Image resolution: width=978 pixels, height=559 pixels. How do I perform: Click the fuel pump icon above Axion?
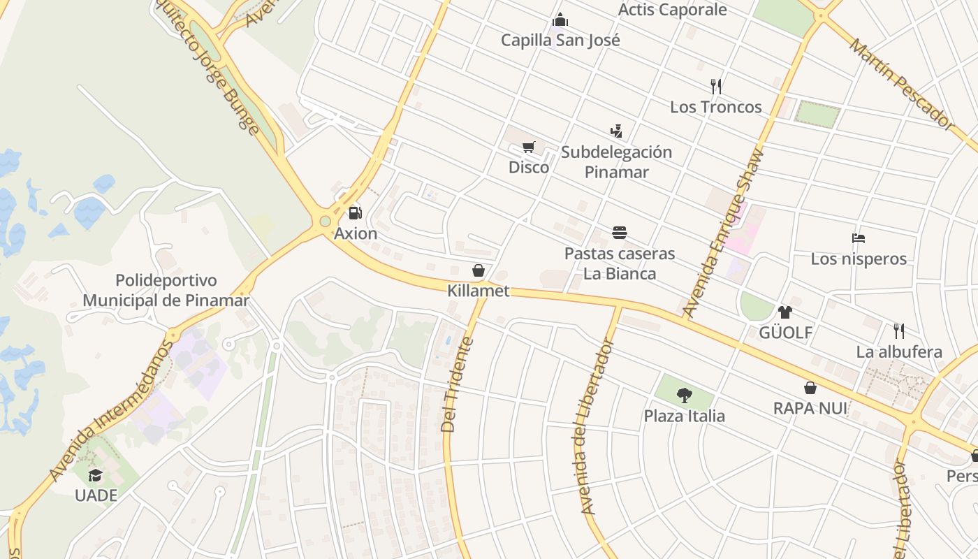355,212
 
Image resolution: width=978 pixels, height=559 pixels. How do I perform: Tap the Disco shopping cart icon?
528,147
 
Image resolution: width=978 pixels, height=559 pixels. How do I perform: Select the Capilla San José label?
560,40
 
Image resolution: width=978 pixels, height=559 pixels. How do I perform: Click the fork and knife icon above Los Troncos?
715,87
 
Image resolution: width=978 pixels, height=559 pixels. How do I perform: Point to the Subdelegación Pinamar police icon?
615,131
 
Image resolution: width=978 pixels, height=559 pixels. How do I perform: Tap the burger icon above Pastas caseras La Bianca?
619,232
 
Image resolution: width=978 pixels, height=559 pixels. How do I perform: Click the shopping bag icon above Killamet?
479,270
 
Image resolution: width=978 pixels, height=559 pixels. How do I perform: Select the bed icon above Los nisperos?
859,238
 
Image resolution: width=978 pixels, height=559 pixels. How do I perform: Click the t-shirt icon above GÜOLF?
785,312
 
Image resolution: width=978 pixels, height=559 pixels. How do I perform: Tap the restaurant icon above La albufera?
899,331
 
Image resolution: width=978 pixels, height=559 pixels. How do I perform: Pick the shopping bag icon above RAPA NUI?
810,387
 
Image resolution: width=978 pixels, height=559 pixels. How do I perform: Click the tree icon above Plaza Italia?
684,395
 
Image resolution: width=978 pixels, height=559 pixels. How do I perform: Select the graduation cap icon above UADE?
95,476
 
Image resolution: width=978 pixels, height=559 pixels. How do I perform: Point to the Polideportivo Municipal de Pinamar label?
166,291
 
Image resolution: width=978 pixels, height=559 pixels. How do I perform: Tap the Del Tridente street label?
458,384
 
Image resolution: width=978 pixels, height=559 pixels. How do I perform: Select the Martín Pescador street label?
901,84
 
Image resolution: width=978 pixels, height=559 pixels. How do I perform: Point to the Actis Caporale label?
673,10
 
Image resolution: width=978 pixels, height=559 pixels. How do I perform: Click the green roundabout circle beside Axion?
325,222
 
